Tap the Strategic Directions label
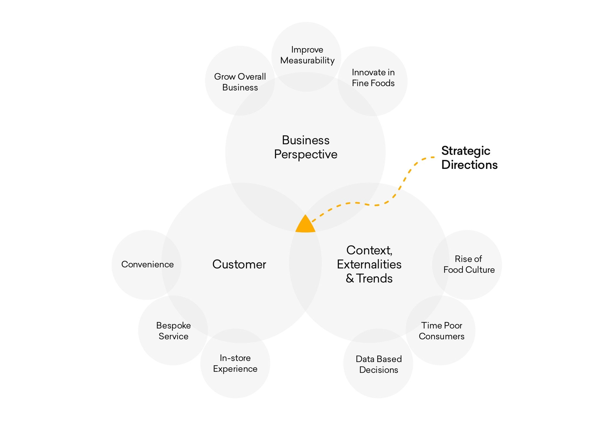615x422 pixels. pos(469,158)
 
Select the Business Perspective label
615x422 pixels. pos(306,147)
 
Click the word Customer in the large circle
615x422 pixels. pos(239,264)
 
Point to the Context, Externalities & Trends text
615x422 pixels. pos(369,264)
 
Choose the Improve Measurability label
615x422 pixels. pos(307,55)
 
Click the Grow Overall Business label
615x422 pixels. pos(240,82)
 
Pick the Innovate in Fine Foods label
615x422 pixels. pos(373,78)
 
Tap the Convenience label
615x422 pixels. pos(147,264)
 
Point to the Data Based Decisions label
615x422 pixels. pos(379,364)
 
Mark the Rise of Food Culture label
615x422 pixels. pos(469,264)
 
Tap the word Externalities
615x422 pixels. pos(369,264)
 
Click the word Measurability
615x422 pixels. pos(307,60)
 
